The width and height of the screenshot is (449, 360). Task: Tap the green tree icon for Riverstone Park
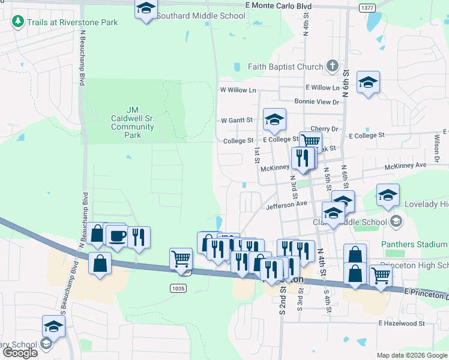[x=18, y=22]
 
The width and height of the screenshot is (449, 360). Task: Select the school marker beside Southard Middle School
[x=146, y=10]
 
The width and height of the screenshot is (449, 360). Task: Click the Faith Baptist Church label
[x=277, y=67]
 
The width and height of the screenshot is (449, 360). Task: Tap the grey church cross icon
[x=333, y=67]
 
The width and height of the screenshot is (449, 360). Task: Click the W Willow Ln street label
[x=238, y=90]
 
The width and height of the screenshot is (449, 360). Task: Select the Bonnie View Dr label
[x=316, y=102]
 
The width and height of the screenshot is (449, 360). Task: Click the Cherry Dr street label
[x=325, y=128]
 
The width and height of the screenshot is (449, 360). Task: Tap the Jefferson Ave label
[x=286, y=204]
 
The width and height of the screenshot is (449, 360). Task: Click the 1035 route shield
[x=178, y=288]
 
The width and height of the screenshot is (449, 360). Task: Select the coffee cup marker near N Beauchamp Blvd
[x=118, y=235]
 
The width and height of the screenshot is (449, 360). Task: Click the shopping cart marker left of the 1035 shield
[x=181, y=259]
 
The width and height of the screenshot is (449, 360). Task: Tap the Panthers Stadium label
[x=414, y=244]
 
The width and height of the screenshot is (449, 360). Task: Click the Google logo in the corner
[x=20, y=353]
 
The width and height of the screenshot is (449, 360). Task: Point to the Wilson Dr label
[x=436, y=143]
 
